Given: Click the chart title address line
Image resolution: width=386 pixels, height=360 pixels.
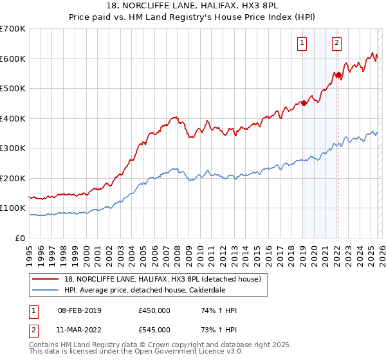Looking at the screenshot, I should click(x=193, y=6).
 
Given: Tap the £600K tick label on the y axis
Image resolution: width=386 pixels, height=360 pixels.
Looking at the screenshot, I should click(x=13, y=59).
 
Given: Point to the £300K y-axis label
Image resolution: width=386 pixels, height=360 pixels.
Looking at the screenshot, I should click(x=13, y=148).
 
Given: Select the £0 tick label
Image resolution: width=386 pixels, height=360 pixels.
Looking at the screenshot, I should click(x=21, y=238).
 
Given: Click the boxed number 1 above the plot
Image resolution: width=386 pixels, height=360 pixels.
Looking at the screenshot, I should click(x=302, y=44).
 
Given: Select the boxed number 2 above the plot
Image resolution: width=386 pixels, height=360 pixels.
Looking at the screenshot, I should click(x=336, y=44).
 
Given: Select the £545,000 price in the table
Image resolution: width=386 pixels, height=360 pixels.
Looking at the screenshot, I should click(x=154, y=330).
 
